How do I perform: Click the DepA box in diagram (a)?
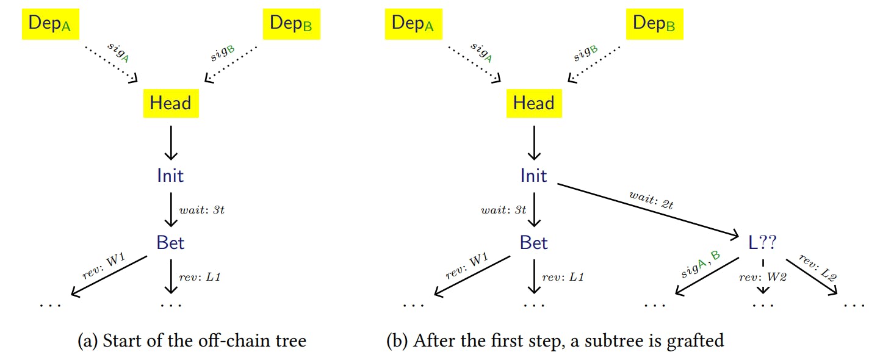(x=51, y=24)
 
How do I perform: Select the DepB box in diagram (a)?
(x=292, y=24)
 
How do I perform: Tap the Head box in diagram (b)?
(x=533, y=103)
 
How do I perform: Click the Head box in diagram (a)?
(x=170, y=103)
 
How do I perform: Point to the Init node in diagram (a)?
(x=170, y=176)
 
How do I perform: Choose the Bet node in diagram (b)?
(x=533, y=243)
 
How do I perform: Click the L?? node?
(x=762, y=243)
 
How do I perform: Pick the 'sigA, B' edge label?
(x=701, y=267)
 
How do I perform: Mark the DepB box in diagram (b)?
(x=655, y=24)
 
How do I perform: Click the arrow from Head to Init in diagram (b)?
(x=534, y=143)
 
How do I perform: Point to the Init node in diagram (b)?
(x=533, y=176)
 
